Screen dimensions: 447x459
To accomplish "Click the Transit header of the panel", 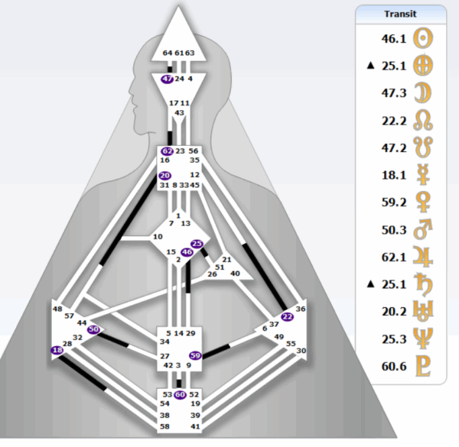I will tap(401, 13).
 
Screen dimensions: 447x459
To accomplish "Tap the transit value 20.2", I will tap(393, 311).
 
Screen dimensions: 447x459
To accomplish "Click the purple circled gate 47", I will tap(167, 79).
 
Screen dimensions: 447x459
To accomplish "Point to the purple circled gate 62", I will tap(167, 151).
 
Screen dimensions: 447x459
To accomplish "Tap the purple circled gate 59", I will tap(195, 355).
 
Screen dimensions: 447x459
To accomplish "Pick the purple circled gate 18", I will tap(57, 350).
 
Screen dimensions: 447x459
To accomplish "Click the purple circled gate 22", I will tap(287, 316).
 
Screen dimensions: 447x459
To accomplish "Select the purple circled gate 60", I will tap(180, 394).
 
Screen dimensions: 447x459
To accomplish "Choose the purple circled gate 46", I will tap(187, 251).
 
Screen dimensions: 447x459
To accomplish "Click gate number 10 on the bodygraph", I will tap(158, 237).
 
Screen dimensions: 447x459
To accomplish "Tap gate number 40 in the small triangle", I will tap(235, 273).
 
